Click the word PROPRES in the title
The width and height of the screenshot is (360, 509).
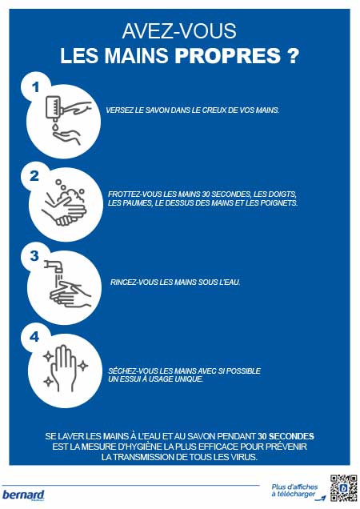[x=227, y=55]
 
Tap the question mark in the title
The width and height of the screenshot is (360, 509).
[x=293, y=55]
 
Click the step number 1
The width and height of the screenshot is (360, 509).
[x=36, y=87]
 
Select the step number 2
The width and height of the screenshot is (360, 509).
[x=34, y=176]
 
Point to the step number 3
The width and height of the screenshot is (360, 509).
[x=34, y=256]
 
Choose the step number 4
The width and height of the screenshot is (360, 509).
[x=34, y=337]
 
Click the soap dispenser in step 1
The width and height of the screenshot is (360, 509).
[x=53, y=106]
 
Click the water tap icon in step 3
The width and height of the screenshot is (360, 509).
[x=54, y=267]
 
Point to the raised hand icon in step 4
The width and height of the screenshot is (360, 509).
[x=65, y=368]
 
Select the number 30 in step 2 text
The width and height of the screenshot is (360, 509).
[x=206, y=194]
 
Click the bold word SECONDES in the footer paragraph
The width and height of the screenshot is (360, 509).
[x=291, y=436]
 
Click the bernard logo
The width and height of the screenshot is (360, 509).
[x=23, y=495]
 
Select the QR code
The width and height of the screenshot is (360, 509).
[x=343, y=488]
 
